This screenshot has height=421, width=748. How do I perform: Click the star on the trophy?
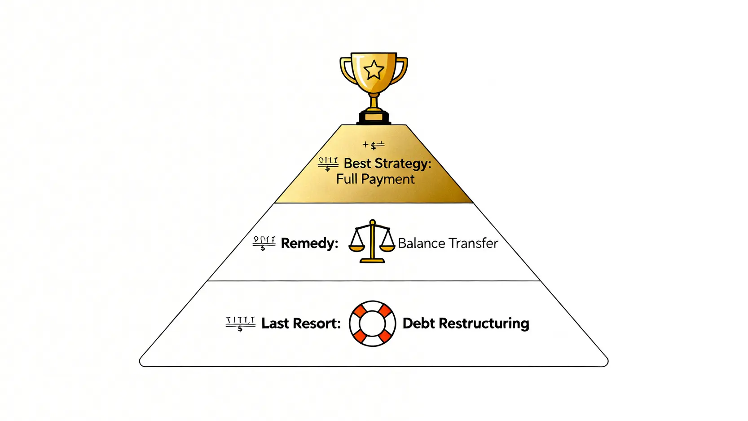point(374,71)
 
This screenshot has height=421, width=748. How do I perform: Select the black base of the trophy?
point(374,118)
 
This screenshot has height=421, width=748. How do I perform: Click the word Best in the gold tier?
point(357,163)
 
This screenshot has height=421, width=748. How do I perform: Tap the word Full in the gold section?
point(347,179)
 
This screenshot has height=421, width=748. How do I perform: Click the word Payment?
point(388,180)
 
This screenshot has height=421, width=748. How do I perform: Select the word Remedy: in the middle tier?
point(309,243)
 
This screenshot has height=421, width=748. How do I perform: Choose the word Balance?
point(421,243)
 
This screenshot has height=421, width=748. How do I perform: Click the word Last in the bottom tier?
point(275,323)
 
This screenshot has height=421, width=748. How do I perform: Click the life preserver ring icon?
point(372,324)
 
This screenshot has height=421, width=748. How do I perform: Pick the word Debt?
point(418,323)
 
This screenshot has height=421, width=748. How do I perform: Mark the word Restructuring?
point(484,324)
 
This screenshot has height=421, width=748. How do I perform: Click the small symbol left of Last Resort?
point(240,324)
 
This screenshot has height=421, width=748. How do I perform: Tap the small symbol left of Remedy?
point(264,243)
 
